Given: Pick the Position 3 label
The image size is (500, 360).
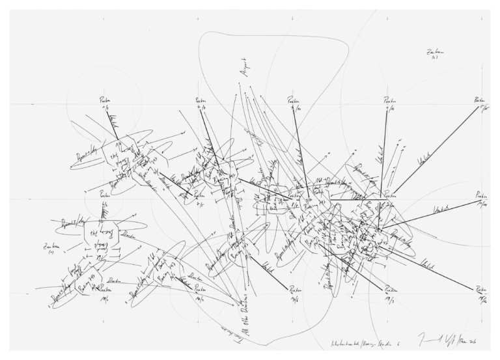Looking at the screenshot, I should tap(294, 103).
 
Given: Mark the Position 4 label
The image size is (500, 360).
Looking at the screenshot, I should tap(389, 103).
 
